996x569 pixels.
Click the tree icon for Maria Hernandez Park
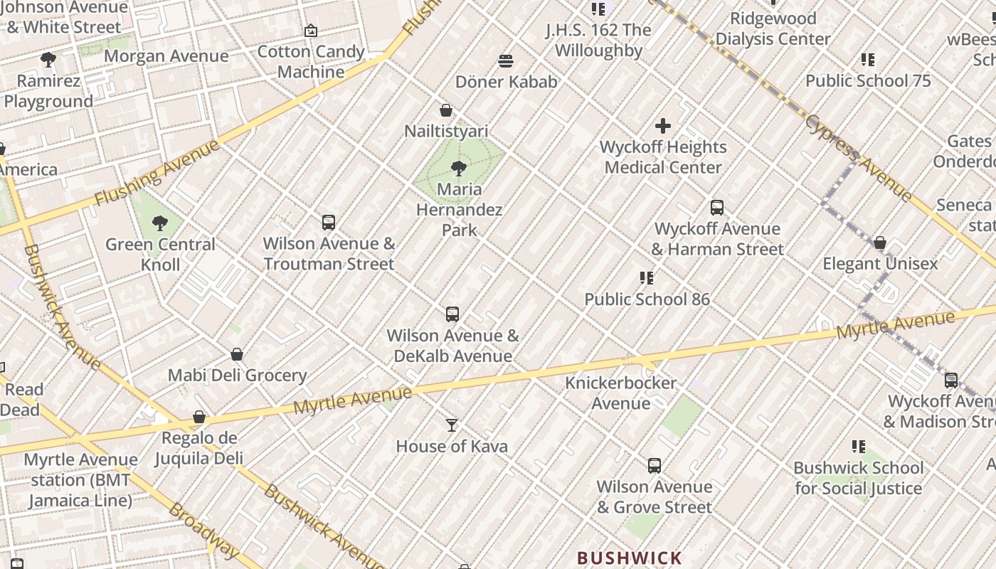click(x=459, y=169)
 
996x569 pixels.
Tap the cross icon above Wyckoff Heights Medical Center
click(x=663, y=127)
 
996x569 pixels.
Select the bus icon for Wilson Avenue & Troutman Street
click(x=329, y=223)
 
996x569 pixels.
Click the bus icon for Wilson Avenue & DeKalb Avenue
click(x=452, y=314)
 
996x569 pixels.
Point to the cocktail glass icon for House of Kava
click(x=452, y=425)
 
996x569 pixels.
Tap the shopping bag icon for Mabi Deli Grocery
click(x=237, y=354)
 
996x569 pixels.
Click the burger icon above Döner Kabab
click(x=506, y=61)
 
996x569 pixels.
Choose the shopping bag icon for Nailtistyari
click(x=446, y=110)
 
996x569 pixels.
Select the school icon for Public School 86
click(x=647, y=278)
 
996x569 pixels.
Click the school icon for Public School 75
click(x=868, y=60)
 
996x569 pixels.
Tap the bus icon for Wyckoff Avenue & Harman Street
click(x=717, y=208)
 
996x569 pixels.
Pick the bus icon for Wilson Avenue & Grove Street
click(x=655, y=466)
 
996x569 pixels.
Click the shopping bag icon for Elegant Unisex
click(x=880, y=243)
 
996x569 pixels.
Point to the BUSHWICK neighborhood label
click(x=630, y=558)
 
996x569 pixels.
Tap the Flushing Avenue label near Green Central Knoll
click(x=158, y=173)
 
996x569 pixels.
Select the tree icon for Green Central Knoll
click(x=160, y=223)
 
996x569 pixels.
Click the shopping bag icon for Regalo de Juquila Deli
click(x=199, y=417)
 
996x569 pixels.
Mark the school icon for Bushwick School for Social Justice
click(x=859, y=447)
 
